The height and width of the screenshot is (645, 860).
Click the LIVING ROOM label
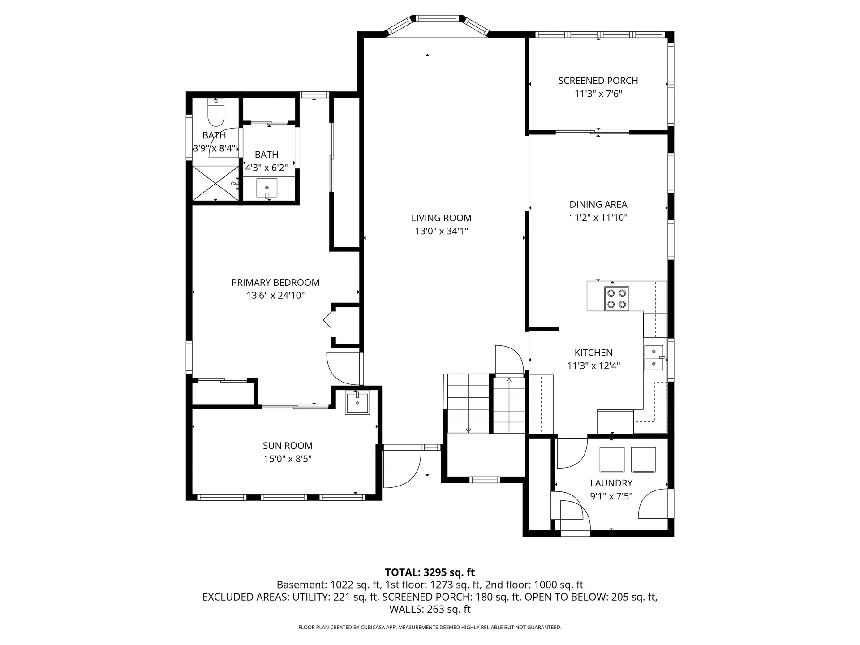coord(441,218)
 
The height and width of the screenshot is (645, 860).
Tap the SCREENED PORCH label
coord(598,81)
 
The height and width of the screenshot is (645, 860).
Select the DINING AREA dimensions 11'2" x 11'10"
coord(598,218)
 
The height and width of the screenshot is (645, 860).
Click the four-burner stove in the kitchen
coord(616,299)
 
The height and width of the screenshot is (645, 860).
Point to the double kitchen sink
coord(654,357)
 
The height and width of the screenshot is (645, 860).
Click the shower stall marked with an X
coord(215,183)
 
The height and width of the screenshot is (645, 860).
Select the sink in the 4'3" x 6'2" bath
coord(267,188)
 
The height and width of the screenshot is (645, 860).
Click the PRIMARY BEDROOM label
coord(275,283)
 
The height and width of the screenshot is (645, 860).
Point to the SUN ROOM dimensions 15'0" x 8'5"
coord(288,459)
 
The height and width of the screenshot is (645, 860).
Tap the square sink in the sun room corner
coord(357,403)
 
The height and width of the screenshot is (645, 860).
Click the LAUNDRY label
coord(611,483)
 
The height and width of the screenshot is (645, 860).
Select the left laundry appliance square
coord(612,460)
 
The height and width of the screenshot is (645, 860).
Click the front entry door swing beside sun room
coord(402,469)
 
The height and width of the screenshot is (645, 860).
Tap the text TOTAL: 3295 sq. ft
coord(430,572)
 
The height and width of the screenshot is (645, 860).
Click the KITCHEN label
coord(593,353)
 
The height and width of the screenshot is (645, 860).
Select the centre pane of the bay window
coord(437,19)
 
